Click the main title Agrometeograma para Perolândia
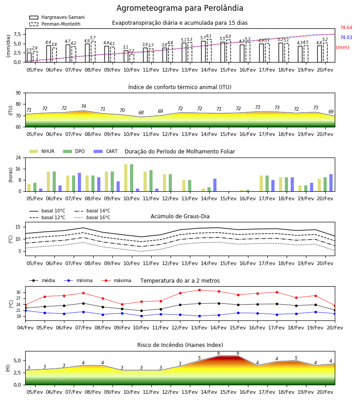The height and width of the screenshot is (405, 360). pos(180,8)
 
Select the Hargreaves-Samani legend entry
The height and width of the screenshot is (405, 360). pos(57,17)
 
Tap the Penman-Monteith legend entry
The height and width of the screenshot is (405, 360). pos(55,24)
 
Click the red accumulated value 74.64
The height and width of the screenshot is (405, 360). pos(346,27)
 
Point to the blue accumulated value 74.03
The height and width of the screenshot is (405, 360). pos(346,37)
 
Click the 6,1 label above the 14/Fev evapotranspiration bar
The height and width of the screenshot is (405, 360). pos(209,36)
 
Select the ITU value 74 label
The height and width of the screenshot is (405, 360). pos(83,106)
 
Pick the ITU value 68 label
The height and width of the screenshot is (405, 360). pos(141,112)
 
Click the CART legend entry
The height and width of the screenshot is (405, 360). pos(106,151)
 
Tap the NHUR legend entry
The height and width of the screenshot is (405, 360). pos(42,151)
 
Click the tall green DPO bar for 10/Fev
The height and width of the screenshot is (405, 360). pos(132,178)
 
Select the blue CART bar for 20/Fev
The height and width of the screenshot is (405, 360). pos(331,183)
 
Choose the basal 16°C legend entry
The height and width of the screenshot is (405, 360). pos(92,217)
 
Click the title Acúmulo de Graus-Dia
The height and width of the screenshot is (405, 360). pos(180,216)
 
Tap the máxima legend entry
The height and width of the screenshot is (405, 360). pos(116,280)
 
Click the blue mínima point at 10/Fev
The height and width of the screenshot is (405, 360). pos(141,316)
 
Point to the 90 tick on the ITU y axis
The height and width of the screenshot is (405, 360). pos(18,93)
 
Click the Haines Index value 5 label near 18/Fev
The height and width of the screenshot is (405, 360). pos(296,358)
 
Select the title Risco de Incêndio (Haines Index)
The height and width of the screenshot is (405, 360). pos(180,345)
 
